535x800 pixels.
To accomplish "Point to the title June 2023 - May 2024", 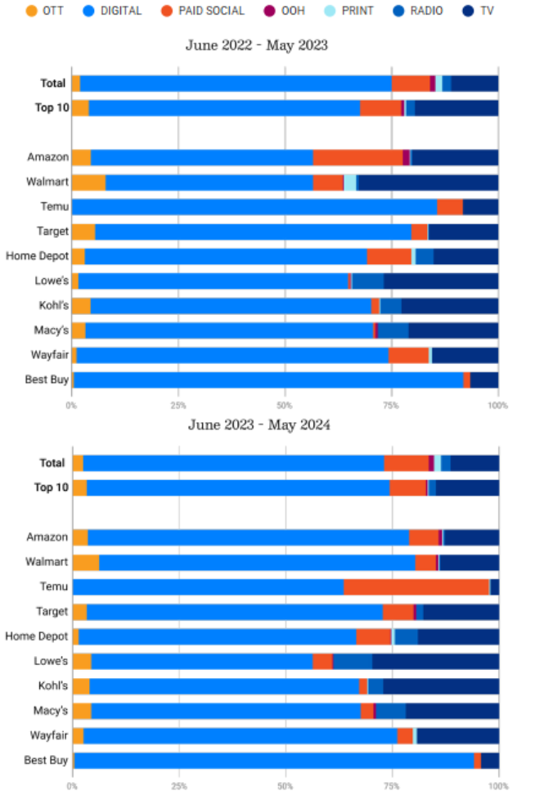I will (259, 425).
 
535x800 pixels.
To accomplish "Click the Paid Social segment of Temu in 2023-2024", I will (416, 587).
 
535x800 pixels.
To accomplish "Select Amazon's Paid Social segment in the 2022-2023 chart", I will (357, 157).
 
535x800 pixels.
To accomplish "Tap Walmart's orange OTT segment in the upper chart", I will (88, 182).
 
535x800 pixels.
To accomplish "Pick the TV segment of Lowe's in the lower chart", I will (435, 661).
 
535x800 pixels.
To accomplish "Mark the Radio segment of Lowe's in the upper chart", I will (367, 281).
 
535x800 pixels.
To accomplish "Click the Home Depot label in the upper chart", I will (37, 256).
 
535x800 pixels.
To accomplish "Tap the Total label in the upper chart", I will (53, 83).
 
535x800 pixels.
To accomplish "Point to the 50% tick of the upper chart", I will (285, 405).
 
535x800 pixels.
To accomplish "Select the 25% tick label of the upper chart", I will (178, 405).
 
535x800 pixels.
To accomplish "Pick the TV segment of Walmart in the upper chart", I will (428, 182).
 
